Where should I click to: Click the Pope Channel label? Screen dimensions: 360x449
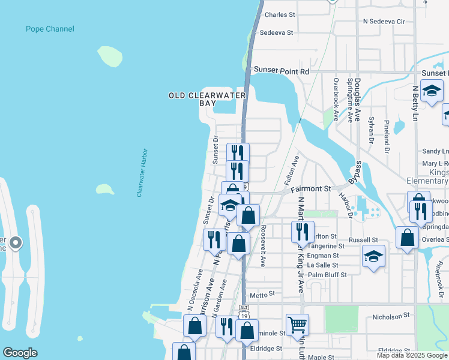pyautogui.click(x=50, y=29)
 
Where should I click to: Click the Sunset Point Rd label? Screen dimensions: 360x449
pyautogui.click(x=281, y=71)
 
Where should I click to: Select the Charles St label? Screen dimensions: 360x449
pyautogui.click(x=280, y=14)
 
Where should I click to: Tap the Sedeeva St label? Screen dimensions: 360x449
pyautogui.click(x=276, y=32)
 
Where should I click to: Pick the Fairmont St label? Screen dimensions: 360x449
pyautogui.click(x=311, y=188)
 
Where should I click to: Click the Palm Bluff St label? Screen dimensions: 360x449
pyautogui.click(x=327, y=275)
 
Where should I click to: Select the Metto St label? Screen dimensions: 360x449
pyautogui.click(x=262, y=295)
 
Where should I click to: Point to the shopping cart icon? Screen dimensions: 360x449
pyautogui.click(x=297, y=325)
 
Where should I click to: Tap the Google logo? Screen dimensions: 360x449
pyautogui.click(x=20, y=353)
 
